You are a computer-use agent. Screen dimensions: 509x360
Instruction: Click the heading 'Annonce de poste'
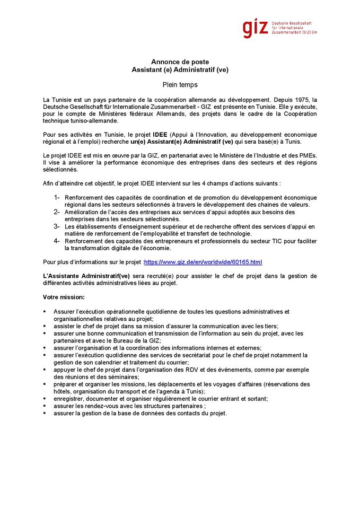point(180,62)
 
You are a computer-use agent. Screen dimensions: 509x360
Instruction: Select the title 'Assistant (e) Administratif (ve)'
point(180,69)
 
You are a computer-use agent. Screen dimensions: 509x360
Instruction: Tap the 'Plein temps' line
point(180,84)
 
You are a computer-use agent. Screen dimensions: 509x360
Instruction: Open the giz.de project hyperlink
point(203,262)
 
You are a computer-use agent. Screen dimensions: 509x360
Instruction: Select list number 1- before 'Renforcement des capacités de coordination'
point(57,197)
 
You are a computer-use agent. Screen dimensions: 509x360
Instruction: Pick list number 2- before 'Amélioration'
point(57,212)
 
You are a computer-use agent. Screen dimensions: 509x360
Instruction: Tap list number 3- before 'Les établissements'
point(57,226)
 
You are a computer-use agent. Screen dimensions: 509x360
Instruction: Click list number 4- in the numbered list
point(57,240)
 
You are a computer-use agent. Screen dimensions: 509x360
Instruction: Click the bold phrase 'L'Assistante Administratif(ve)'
point(86,276)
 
